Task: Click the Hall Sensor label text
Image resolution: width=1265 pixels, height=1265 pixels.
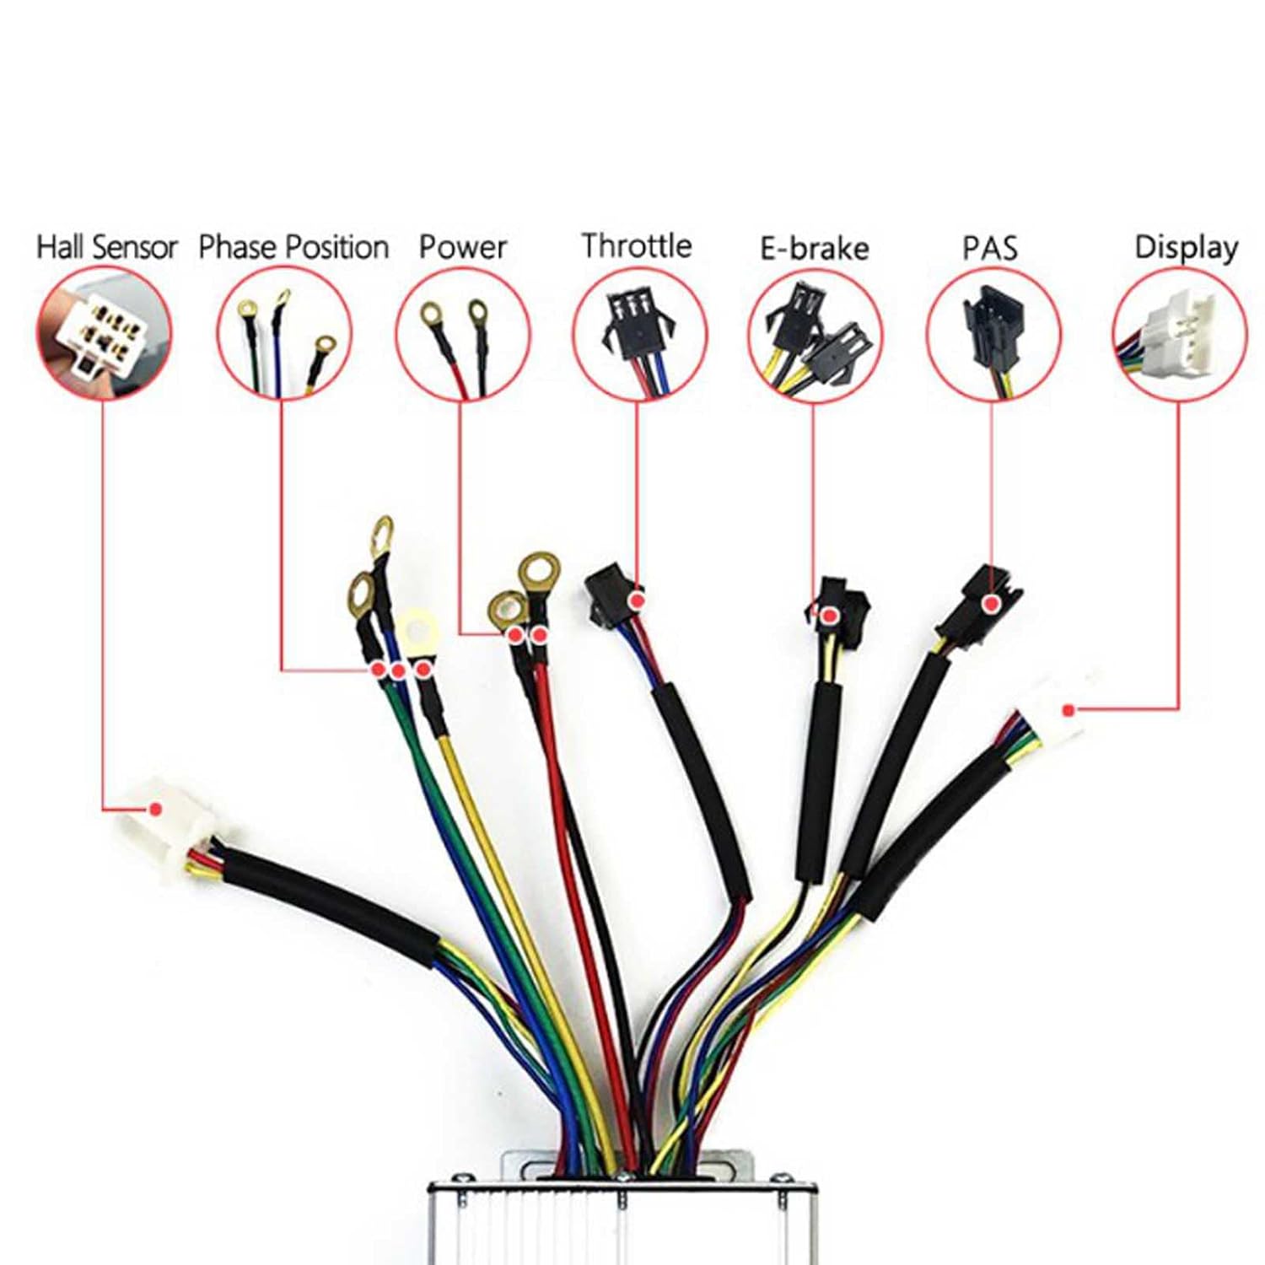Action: tap(107, 247)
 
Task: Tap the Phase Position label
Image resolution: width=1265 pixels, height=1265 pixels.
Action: tap(293, 247)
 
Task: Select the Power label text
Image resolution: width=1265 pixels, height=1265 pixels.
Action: tap(462, 247)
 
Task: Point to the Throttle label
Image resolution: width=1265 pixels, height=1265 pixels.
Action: tap(637, 245)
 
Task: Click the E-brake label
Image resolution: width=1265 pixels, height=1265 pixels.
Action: tap(814, 248)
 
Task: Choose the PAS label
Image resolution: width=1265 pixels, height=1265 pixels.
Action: tap(990, 248)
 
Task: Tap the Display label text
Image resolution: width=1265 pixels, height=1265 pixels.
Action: tap(1186, 247)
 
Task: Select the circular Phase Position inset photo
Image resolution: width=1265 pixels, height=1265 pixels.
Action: tap(284, 334)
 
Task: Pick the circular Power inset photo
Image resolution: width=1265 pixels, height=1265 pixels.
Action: tap(462, 334)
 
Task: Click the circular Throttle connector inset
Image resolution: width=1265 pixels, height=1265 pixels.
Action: tap(639, 334)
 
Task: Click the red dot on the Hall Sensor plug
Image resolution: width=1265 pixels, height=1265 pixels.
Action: tap(155, 809)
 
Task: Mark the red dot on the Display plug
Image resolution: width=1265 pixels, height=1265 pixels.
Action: tap(1069, 711)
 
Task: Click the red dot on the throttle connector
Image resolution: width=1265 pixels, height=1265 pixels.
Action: tap(638, 600)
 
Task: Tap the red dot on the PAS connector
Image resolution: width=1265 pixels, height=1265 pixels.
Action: tap(993, 604)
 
